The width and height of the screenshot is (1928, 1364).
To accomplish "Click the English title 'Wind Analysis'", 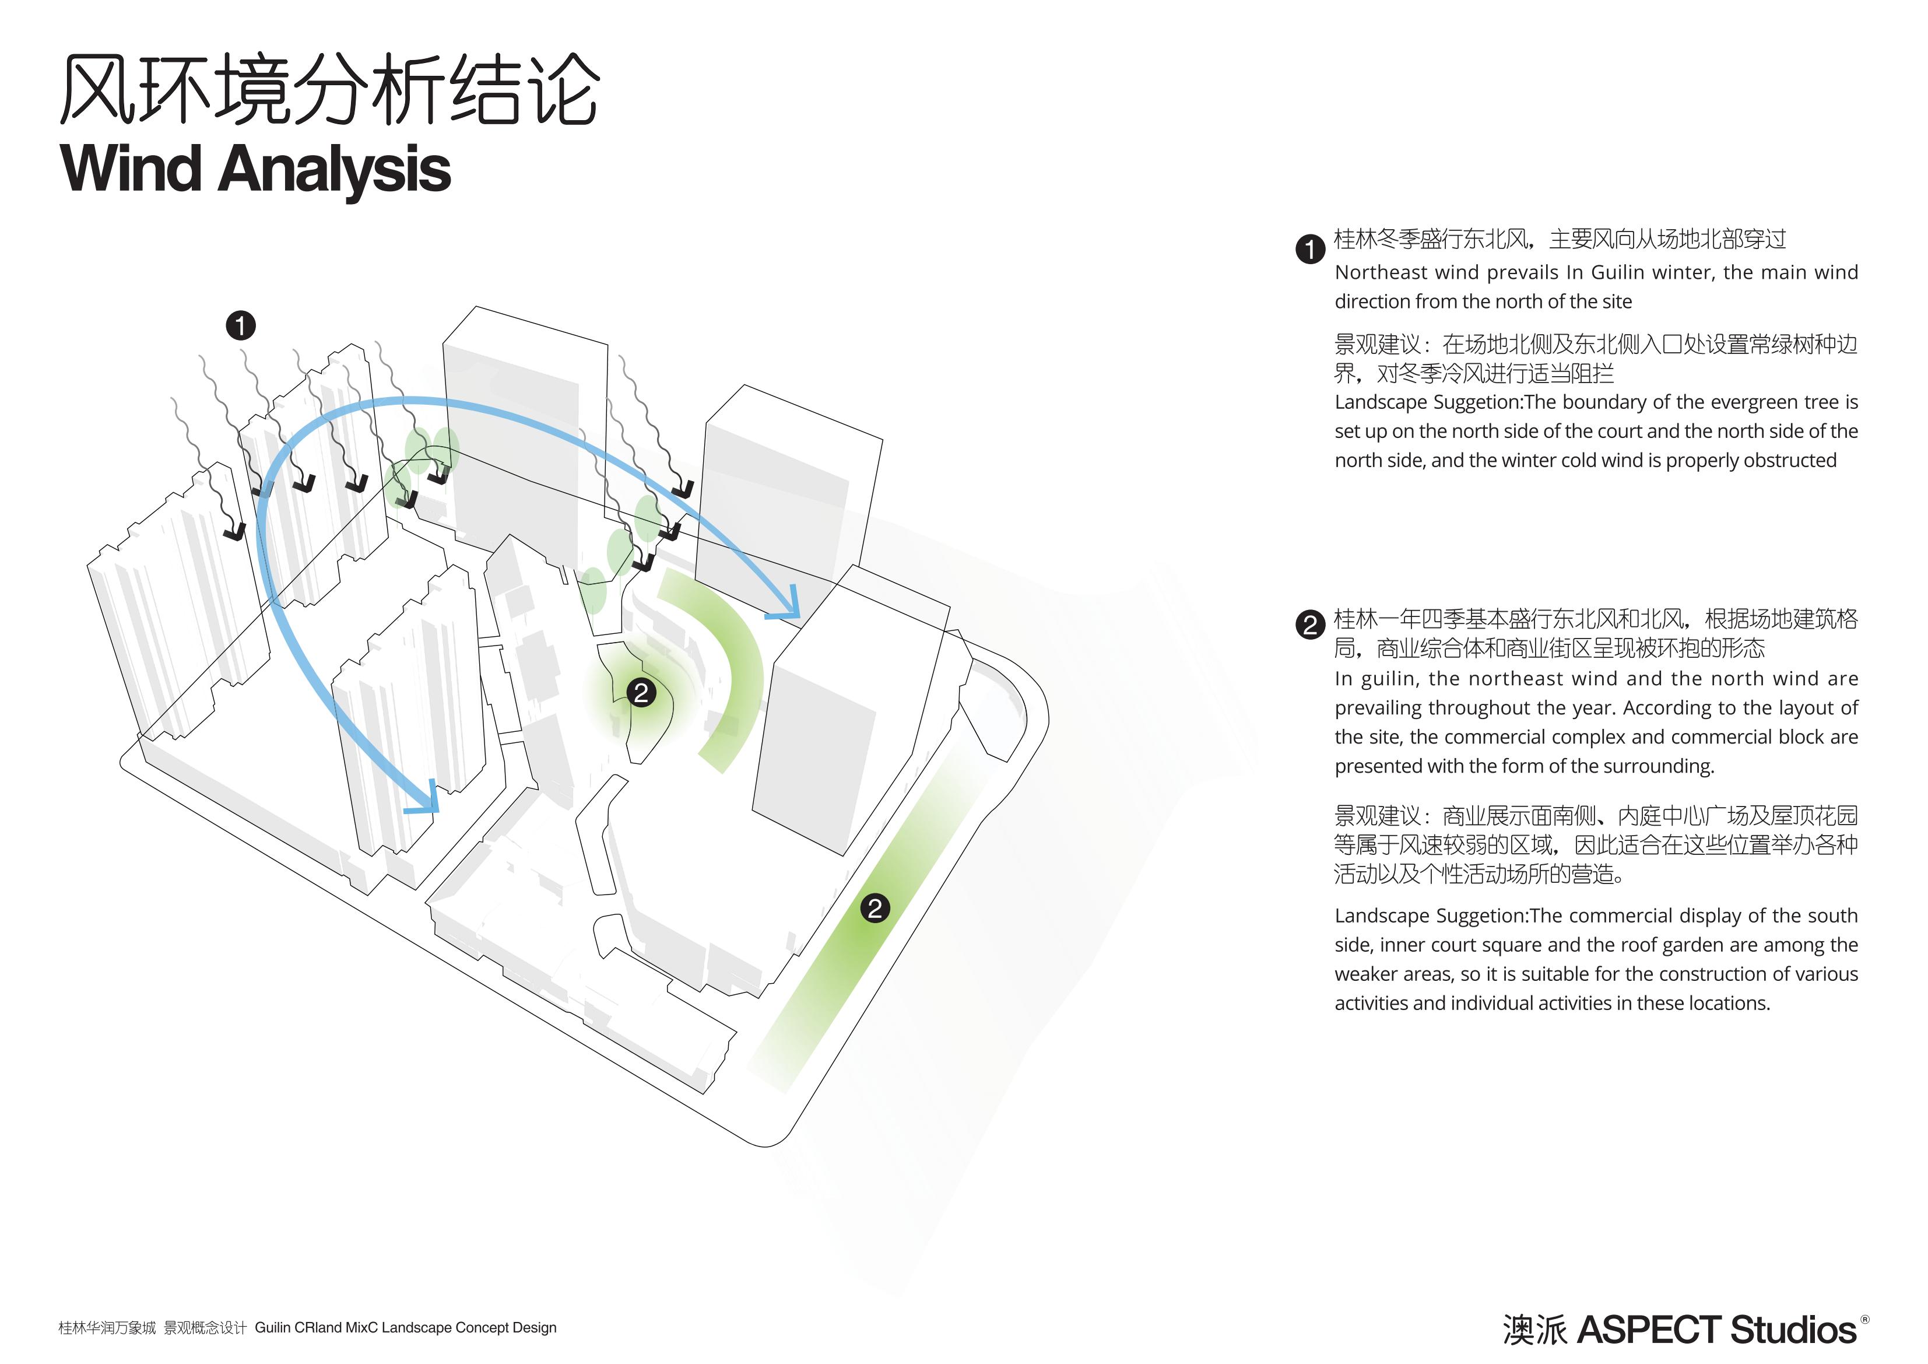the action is [256, 169].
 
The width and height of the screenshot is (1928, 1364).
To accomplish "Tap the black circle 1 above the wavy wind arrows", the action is [241, 326].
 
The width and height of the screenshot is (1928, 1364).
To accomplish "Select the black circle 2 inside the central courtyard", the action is [641, 693].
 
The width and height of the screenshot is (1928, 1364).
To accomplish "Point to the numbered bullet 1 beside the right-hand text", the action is [1310, 250].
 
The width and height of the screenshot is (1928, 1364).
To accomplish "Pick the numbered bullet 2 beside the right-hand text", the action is [1310, 626].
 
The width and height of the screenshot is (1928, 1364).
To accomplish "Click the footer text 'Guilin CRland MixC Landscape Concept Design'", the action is [406, 1328].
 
